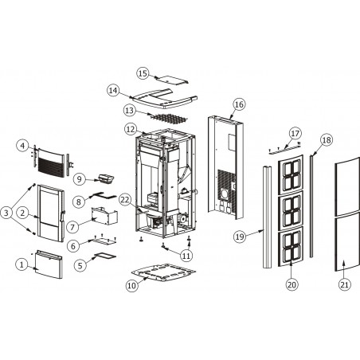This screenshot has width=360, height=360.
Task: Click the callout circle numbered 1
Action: pyautogui.click(x=22, y=264)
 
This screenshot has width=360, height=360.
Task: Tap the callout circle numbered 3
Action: pyautogui.click(x=6, y=213)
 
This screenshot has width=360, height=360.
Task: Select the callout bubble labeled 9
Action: pyautogui.click(x=80, y=179)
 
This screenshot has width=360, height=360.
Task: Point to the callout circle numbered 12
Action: pyautogui.click(x=131, y=129)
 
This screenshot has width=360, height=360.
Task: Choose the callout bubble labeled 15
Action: pyautogui.click(x=143, y=73)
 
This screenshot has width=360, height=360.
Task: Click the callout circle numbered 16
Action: pyautogui.click(x=239, y=104)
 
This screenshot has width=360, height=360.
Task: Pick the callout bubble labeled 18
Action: pyautogui.click(x=327, y=140)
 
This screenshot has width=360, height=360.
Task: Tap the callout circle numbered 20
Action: pyautogui.click(x=292, y=284)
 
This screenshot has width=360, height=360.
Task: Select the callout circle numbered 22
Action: pyautogui.click(x=125, y=200)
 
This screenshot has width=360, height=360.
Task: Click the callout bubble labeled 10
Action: pyautogui.click(x=131, y=286)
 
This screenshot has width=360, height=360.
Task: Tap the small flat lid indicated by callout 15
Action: pyautogui.click(x=173, y=80)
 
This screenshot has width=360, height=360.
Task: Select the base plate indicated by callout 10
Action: pyautogui.click(x=163, y=272)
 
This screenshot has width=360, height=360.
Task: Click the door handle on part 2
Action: pyautogui.click(x=63, y=216)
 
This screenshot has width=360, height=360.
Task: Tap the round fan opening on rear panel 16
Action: pyautogui.click(x=224, y=195)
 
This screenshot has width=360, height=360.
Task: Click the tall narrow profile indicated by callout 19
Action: pyautogui.click(x=268, y=217)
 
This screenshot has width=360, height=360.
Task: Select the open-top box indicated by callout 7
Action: pyautogui.click(x=104, y=216)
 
